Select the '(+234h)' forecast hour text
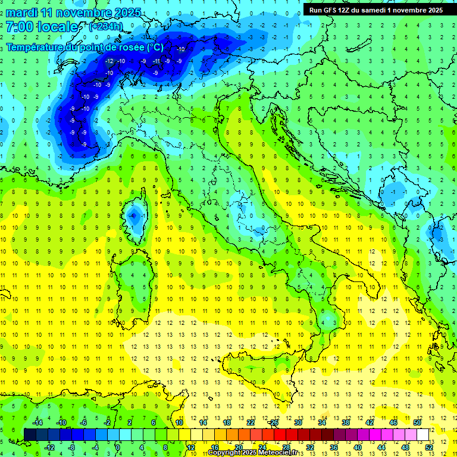pyautogui.click(x=107, y=27)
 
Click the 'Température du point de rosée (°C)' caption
pyautogui.click(x=84, y=47)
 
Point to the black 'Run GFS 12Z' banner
pyautogui.click(x=376, y=10)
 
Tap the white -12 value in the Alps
pyautogui.click(x=109, y=61)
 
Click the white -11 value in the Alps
pyautogui.click(x=156, y=61)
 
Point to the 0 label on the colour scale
pyautogui.click(x=118, y=447)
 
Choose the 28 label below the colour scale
pyautogui.click(x=286, y=447)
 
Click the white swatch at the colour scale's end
pyautogui.click(x=423, y=434)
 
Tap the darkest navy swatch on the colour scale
pyautogui.click(x=30, y=434)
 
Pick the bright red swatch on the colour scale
pyautogui.click(x=280, y=434)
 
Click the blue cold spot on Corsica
pyautogui.click(x=134, y=215)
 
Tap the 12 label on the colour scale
pyautogui.click(x=190, y=447)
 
